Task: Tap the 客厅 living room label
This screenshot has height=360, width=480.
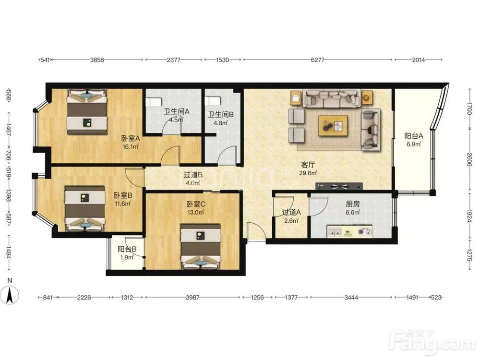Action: [308, 165]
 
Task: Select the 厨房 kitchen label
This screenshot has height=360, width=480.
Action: [353, 204]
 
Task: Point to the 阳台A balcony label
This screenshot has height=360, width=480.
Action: [414, 136]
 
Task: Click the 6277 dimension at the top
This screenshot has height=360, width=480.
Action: [317, 60]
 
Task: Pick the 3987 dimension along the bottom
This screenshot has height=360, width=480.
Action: [192, 297]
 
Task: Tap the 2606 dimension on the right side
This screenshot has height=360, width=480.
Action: [469, 160]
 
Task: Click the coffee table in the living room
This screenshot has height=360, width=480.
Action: [333, 125]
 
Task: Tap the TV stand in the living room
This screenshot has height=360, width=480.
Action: [339, 186]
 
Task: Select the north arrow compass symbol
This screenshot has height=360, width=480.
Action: [10, 295]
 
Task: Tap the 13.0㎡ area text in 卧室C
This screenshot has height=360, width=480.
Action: [196, 212]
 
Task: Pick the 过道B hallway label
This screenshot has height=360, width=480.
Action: [193, 175]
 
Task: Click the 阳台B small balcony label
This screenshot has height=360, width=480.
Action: [127, 250]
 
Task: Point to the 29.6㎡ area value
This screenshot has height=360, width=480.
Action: [308, 173]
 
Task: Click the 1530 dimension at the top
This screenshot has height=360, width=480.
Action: [223, 60]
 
